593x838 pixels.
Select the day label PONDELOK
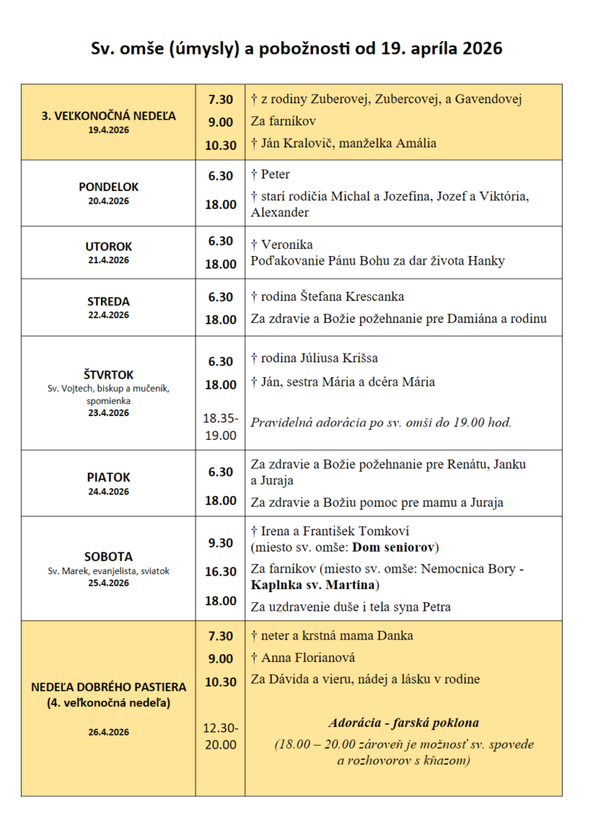click(x=109, y=187)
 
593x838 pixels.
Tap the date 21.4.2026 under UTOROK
click(x=109, y=260)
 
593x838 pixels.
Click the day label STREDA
click(x=109, y=301)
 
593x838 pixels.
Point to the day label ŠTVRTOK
click(x=109, y=374)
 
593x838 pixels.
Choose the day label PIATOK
click(x=109, y=477)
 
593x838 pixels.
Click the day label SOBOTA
click(x=109, y=556)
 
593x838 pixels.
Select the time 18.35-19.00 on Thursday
click(x=220, y=426)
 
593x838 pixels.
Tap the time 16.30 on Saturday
click(x=220, y=572)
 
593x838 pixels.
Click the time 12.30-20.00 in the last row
click(x=220, y=736)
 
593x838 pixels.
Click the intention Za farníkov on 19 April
click(x=283, y=121)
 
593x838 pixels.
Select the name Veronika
click(x=287, y=244)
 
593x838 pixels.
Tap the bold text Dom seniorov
click(x=396, y=546)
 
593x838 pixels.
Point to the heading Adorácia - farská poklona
click(x=404, y=722)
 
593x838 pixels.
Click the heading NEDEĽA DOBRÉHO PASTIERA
click(x=109, y=687)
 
